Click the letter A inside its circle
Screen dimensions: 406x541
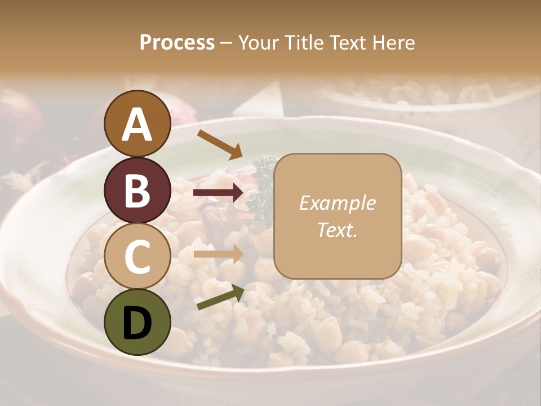tap(138, 125)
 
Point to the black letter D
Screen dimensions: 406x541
tap(138, 323)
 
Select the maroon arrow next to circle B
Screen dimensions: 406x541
tap(219, 193)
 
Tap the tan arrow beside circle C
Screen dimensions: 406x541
tap(219, 254)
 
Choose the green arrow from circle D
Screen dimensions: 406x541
tap(220, 297)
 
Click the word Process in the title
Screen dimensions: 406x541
tap(177, 43)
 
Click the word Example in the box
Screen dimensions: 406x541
tap(337, 203)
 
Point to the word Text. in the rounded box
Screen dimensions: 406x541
tap(337, 229)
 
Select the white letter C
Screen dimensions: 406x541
tap(138, 257)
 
